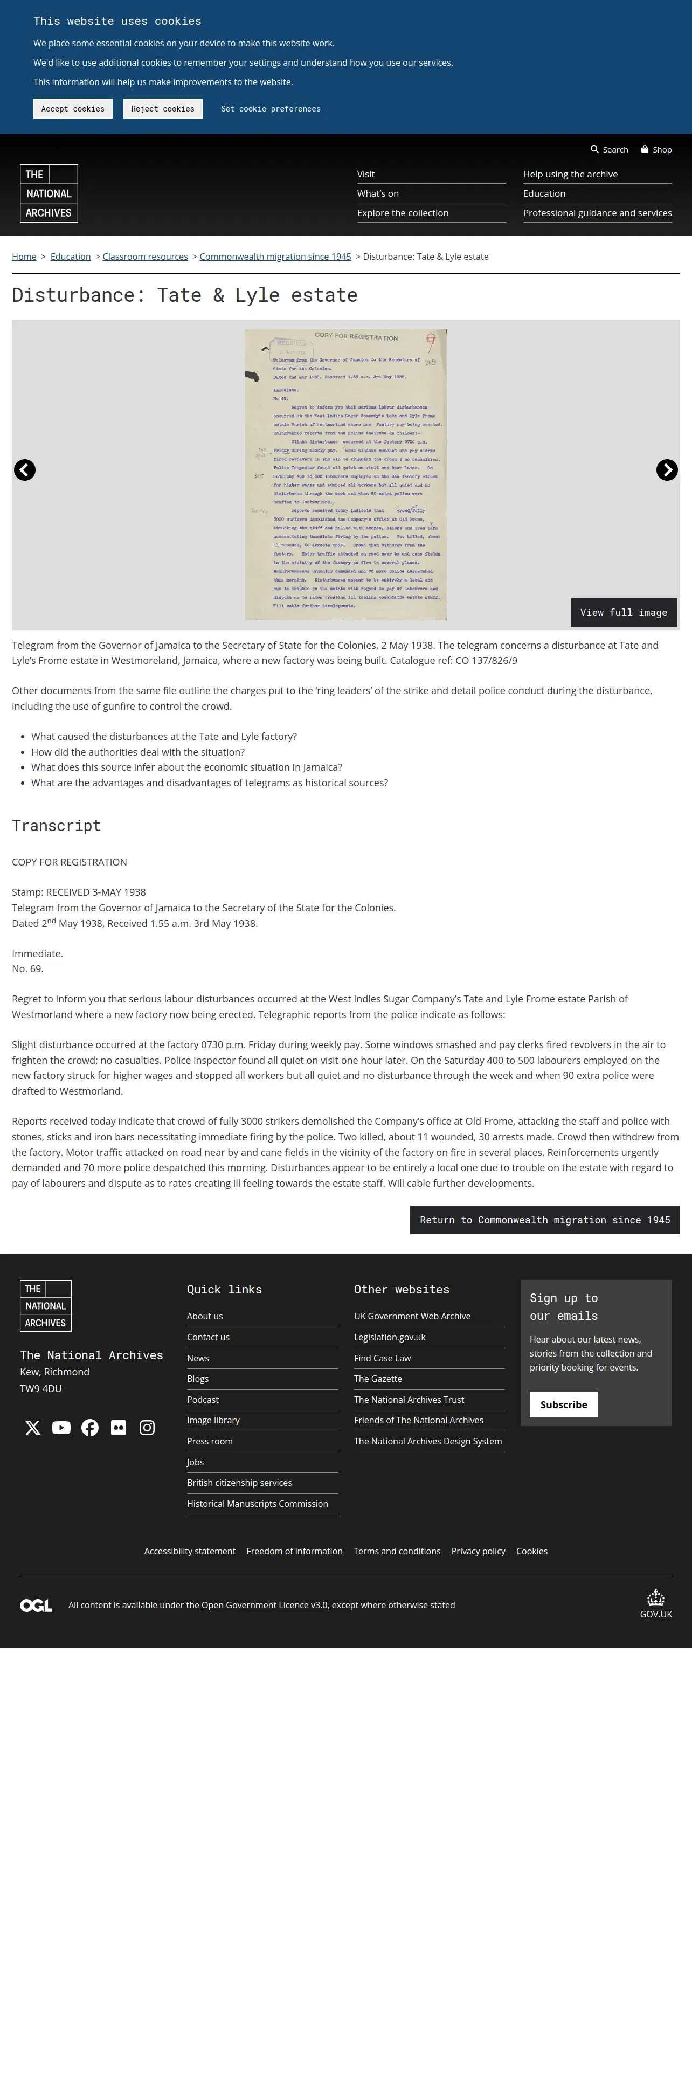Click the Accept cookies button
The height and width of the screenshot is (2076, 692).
coord(73,109)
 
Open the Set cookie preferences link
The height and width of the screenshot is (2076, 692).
coord(271,109)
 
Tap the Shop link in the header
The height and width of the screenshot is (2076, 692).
coord(656,150)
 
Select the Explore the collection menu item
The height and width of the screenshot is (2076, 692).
coord(403,213)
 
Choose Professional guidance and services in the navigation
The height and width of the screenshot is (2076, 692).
coord(597,213)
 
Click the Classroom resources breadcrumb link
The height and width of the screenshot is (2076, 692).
coord(145,257)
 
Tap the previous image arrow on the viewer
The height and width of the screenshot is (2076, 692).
coord(25,470)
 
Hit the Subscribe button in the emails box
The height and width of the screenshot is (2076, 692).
coord(563,1404)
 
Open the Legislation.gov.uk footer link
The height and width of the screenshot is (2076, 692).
coord(389,1337)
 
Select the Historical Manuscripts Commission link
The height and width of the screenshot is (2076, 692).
coord(257,1503)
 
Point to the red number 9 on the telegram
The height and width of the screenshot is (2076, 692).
coord(431,343)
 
